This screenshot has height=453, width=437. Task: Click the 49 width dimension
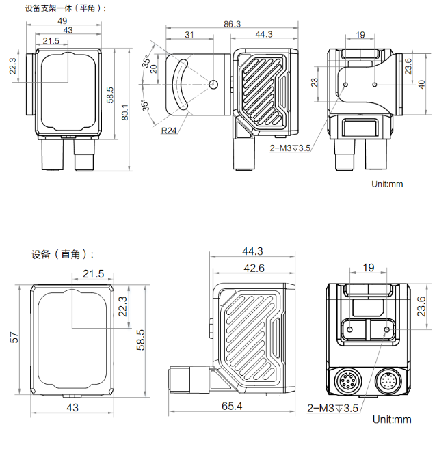pos(68,20)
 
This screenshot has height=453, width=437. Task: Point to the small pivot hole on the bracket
pos(213,85)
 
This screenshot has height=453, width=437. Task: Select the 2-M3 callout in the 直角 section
pos(333,409)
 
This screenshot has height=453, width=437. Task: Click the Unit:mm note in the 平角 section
pos(388,184)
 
